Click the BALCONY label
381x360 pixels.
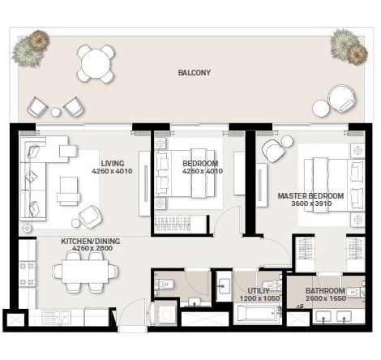pyautogui.click(x=194, y=72)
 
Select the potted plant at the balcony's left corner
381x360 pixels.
pyautogui.click(x=30, y=48)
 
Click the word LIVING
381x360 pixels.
pyautogui.click(x=113, y=162)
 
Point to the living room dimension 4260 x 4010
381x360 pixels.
pyautogui.click(x=113, y=171)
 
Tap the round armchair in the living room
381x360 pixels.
pyautogui.click(x=88, y=216)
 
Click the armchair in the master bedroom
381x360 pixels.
pyautogui.click(x=275, y=149)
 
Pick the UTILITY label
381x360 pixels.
pyautogui.click(x=259, y=289)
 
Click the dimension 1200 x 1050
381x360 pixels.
pyautogui.click(x=259, y=298)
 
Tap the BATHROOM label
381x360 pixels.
pyautogui.click(x=325, y=290)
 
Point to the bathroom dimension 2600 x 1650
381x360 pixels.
pyautogui.click(x=325, y=298)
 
